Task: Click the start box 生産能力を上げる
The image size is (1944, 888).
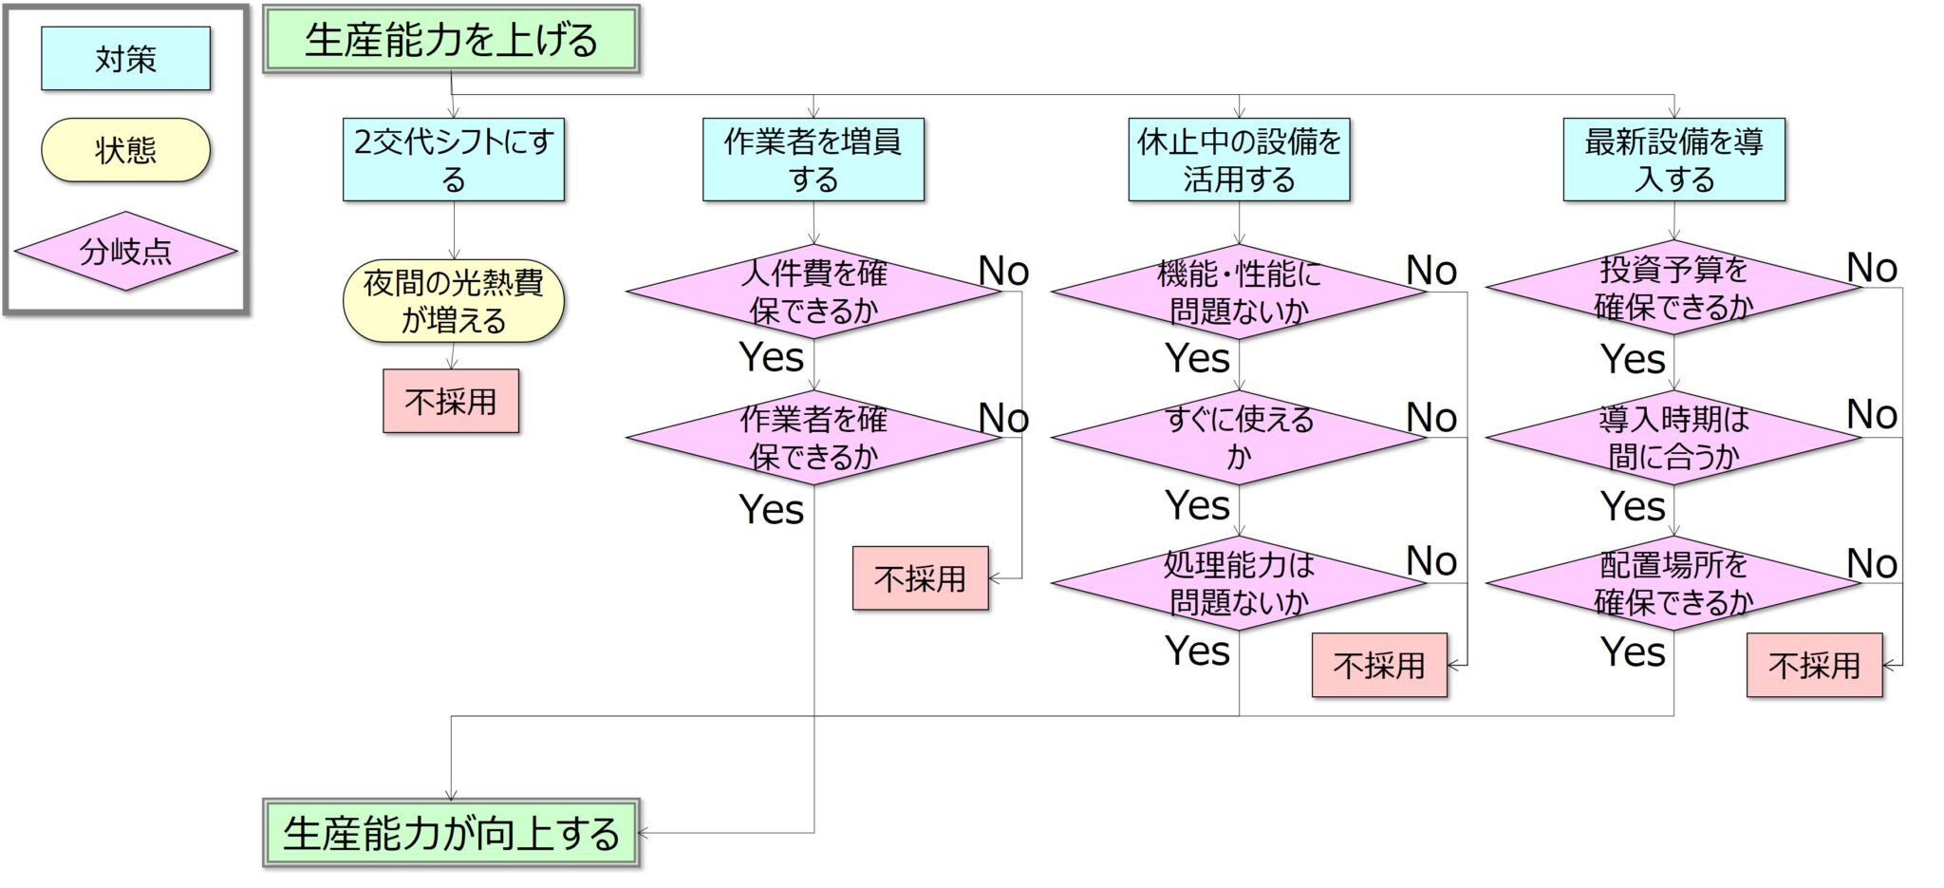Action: click(451, 40)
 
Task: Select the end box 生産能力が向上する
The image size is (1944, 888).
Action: click(451, 833)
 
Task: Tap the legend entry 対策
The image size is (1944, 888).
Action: click(125, 59)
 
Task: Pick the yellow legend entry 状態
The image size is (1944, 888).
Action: click(125, 150)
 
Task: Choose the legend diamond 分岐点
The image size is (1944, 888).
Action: click(125, 252)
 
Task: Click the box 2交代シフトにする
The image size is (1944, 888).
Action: click(454, 160)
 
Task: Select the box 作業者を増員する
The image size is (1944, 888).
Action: click(813, 160)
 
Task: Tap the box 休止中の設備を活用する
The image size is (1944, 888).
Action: click(1239, 160)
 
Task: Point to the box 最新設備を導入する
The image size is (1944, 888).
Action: click(1673, 160)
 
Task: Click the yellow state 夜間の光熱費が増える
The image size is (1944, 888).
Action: click(454, 301)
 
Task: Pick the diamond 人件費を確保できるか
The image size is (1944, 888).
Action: click(813, 292)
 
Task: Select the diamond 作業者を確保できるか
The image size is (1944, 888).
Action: click(813, 438)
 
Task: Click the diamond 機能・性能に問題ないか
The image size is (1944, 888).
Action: click(1239, 292)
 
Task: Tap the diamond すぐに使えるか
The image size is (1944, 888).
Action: click(1239, 438)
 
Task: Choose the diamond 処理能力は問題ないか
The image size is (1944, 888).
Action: click(1239, 583)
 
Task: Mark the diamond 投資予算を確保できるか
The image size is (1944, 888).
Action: click(1673, 288)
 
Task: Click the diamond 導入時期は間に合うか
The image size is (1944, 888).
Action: click(1673, 438)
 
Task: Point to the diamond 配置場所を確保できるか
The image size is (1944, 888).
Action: click(1673, 583)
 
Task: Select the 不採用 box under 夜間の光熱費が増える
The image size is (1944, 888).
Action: click(451, 401)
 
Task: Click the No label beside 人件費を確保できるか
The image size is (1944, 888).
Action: click(1003, 272)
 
